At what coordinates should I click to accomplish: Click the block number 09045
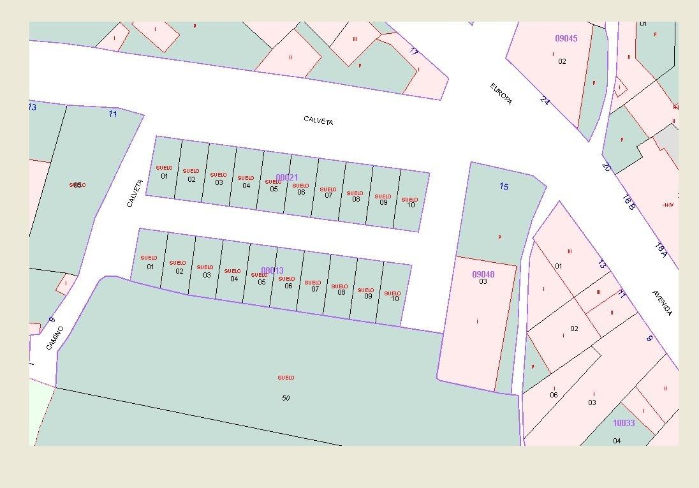click(x=566, y=38)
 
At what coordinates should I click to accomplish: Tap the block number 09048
click(x=483, y=274)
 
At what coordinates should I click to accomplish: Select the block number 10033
click(x=623, y=423)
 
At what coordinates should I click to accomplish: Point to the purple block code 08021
click(x=287, y=177)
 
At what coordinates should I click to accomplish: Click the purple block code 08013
click(x=272, y=270)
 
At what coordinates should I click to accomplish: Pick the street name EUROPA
click(x=501, y=94)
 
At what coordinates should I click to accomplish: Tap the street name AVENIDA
click(x=662, y=303)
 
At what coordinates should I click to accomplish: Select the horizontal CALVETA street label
click(x=318, y=121)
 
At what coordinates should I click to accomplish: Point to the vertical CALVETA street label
click(x=134, y=193)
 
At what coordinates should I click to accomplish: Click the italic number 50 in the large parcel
click(x=286, y=398)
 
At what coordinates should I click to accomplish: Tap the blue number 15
click(x=504, y=186)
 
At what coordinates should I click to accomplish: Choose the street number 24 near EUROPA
click(x=544, y=100)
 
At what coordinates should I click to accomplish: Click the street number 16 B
click(x=628, y=202)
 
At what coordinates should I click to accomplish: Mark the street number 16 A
click(x=660, y=250)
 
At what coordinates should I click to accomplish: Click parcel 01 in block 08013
click(x=150, y=267)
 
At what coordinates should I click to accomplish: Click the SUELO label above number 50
click(x=286, y=378)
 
